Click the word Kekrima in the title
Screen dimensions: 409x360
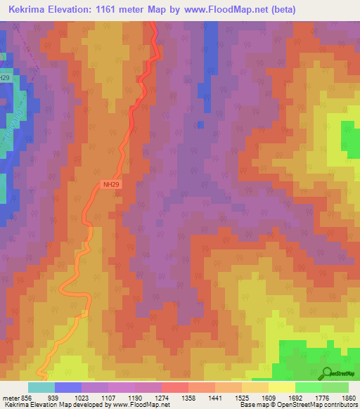click(32, 10)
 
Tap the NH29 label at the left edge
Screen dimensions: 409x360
click(6, 77)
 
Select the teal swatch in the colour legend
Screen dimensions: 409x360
click(41, 388)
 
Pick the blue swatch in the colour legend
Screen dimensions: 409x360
click(67, 388)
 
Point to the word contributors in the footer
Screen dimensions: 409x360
click(339, 405)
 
